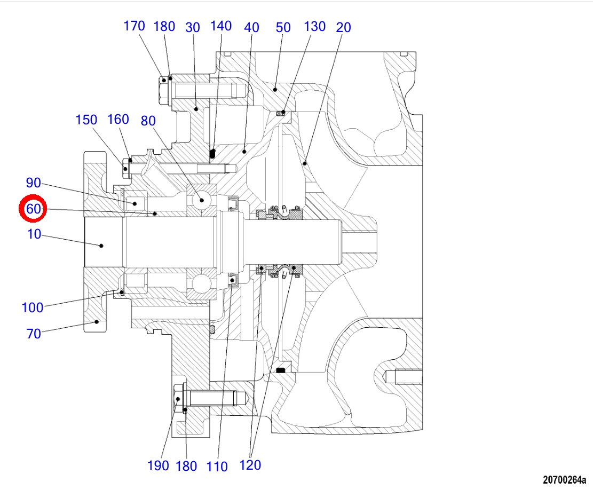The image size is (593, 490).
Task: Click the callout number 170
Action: coord(135,26)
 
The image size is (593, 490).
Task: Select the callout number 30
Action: coord(193,28)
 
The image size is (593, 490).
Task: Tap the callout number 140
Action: coord(221,26)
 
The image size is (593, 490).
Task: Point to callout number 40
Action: coord(251,28)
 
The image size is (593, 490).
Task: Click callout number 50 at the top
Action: coord(283,28)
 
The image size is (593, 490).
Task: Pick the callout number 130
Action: coord(315,27)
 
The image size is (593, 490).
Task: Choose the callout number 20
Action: coord(343,27)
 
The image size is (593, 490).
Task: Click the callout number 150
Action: coord(86,120)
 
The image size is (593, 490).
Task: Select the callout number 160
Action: coord(118,120)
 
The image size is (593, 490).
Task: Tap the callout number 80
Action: coord(148,121)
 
